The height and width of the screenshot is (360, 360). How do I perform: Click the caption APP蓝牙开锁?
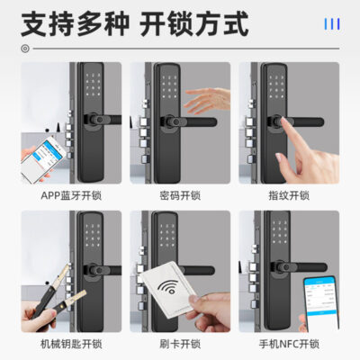pos(71,195)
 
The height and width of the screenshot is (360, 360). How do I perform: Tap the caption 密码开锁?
pos(180,195)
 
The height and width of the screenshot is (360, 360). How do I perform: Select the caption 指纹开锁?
pos(289,195)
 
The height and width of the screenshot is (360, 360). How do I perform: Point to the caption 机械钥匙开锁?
pos(71,344)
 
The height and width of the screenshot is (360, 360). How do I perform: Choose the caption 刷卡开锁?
pos(180,344)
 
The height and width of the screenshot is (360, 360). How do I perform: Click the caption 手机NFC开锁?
pos(289,344)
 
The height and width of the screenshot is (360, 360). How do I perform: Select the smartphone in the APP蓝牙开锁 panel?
pos(42,159)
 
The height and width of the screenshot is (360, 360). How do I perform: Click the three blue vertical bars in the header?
pos(332,24)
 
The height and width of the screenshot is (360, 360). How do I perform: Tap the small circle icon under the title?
pos(25,49)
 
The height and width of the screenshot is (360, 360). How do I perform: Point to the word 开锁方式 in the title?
pos(194,23)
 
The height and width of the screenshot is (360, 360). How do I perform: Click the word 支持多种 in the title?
pos(75,23)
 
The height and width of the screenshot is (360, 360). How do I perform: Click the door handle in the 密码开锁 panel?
pos(188,121)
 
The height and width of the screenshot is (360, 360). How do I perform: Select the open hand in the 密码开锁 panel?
pos(207,101)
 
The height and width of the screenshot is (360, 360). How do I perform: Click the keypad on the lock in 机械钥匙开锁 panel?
pos(92,235)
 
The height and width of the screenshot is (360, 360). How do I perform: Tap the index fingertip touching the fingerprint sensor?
pos(284,121)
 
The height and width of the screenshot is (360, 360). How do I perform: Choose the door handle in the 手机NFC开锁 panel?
pos(298,266)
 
